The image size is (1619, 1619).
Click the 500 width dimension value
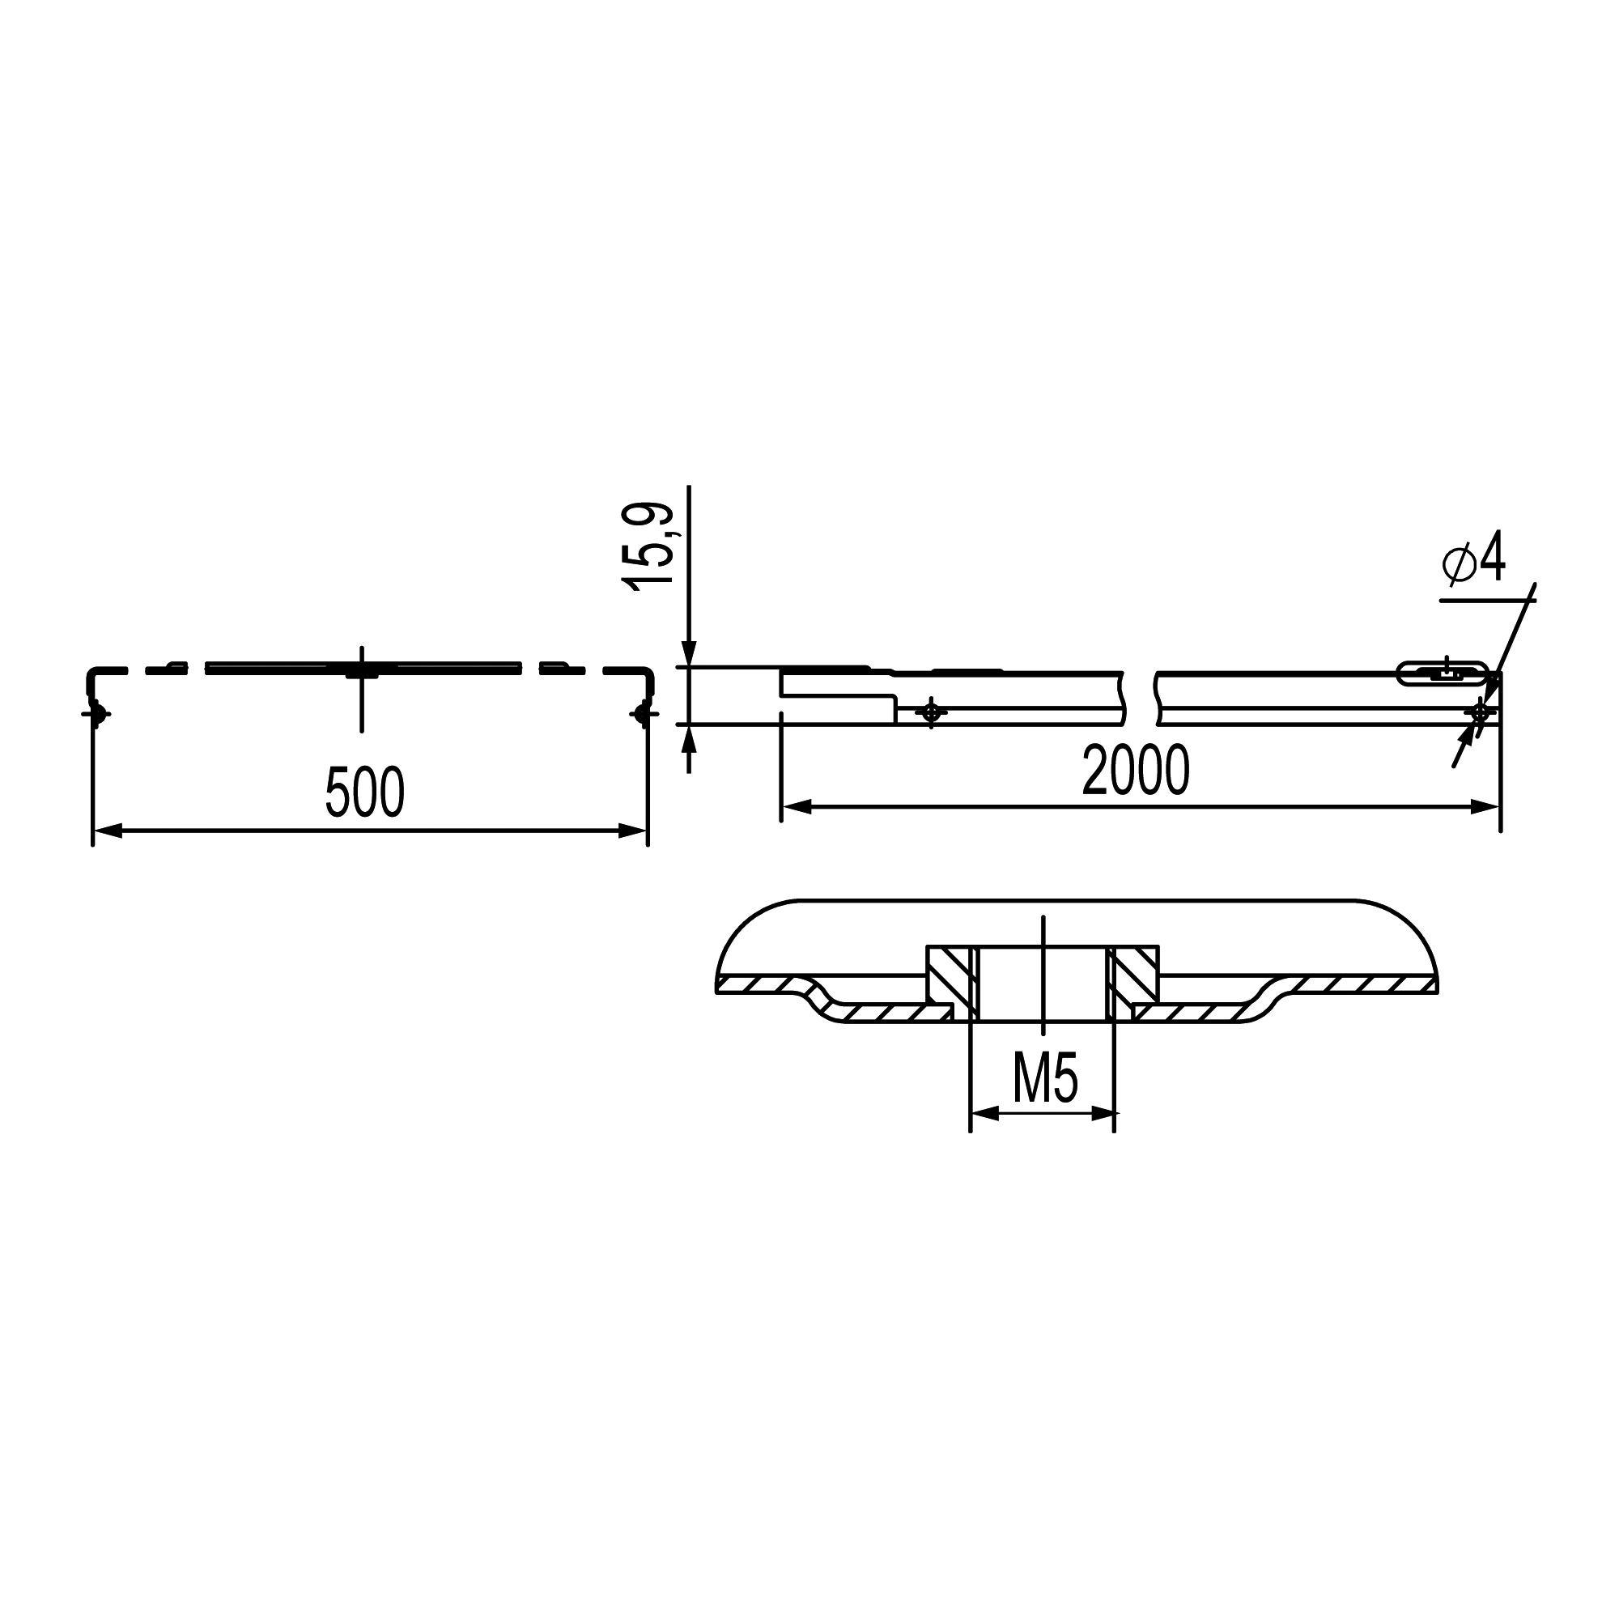pos(364,791)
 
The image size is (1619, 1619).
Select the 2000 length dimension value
pos(1136,769)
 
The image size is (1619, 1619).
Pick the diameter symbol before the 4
pos(1459,564)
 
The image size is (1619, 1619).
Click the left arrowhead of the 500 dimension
pos(108,831)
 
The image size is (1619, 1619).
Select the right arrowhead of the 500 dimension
pos(633,831)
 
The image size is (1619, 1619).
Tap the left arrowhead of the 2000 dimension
pos(797,807)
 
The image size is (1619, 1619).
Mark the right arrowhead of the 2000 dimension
pos(1485,807)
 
